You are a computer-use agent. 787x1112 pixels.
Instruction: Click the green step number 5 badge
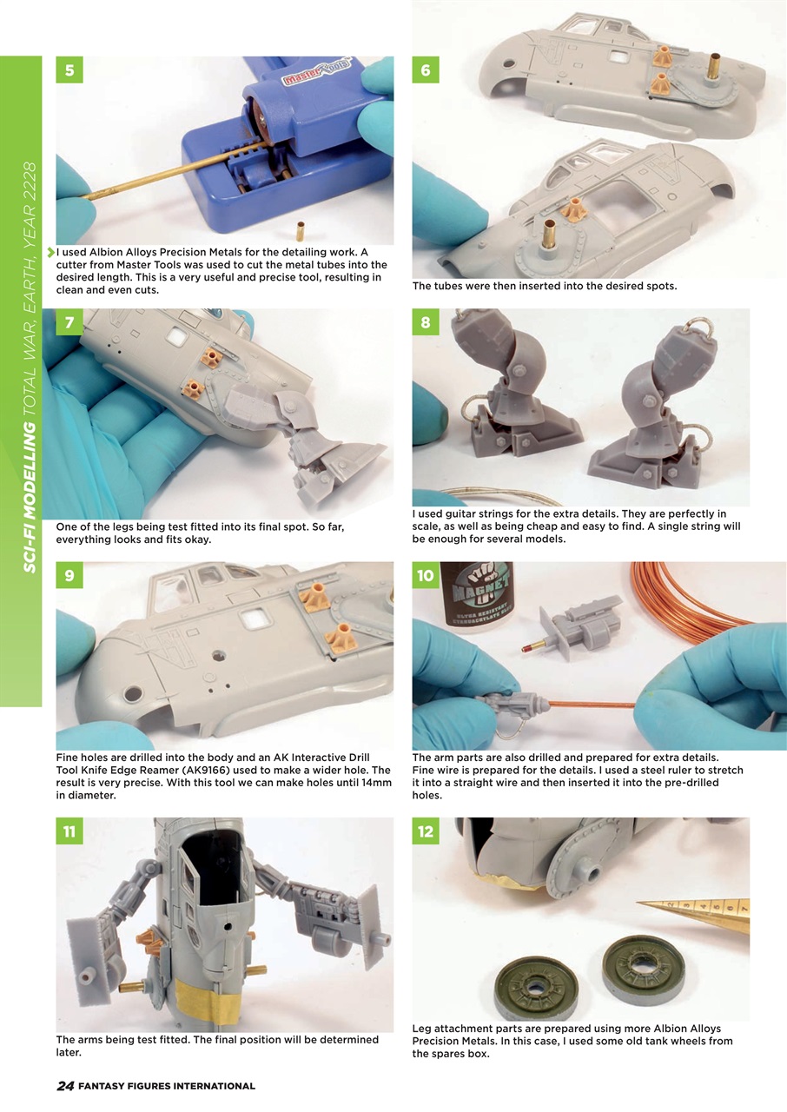69,69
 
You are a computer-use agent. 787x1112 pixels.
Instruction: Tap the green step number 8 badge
426,323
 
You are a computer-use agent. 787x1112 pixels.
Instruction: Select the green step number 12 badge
426,831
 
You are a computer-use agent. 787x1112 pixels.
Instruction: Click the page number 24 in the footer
65,1086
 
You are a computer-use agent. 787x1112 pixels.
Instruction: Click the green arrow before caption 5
51,252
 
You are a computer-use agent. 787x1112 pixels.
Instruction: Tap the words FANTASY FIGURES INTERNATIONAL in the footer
167,1086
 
